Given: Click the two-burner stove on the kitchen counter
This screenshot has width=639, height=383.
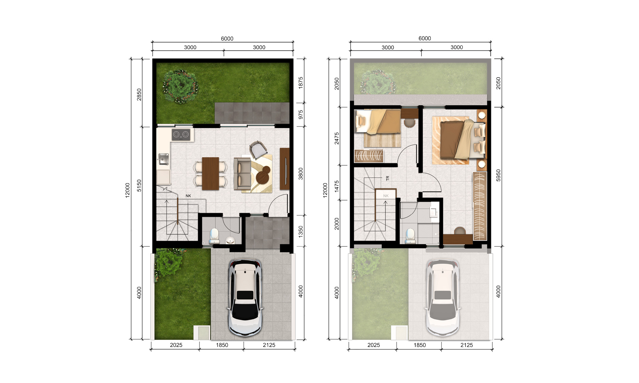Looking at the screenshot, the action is [x=181, y=134].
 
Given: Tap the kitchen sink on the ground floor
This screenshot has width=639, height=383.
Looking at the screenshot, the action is [x=164, y=159].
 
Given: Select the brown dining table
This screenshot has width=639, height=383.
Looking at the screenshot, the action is [x=211, y=173].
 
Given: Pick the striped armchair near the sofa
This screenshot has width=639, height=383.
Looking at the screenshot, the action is [x=258, y=149].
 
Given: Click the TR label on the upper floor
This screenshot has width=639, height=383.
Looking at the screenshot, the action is [x=388, y=178].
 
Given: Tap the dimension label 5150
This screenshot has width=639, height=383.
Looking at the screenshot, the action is [x=139, y=186].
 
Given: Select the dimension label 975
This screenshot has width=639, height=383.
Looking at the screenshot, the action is [x=301, y=115].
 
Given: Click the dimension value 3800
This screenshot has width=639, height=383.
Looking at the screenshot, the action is [x=301, y=174].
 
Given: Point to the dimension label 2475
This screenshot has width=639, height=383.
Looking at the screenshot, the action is [x=337, y=138].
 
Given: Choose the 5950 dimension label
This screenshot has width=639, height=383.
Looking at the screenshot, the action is [x=498, y=175].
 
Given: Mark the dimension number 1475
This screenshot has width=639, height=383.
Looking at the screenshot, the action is [x=337, y=187].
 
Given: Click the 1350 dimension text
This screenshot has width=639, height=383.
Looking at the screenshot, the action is [x=301, y=232].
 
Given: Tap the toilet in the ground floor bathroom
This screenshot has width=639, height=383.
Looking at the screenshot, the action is [x=214, y=236].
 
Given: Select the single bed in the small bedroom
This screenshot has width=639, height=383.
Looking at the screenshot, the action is [x=378, y=121].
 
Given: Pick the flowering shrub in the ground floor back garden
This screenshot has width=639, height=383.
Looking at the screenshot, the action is [x=181, y=86].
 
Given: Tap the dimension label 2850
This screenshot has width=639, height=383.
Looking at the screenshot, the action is [x=139, y=94].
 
